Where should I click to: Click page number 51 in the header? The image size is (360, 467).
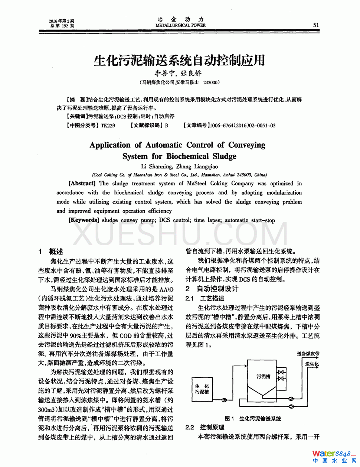click(316, 25)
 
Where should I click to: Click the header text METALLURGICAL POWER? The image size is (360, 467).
click(180, 25)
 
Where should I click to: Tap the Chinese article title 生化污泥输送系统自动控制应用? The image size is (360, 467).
click(180, 60)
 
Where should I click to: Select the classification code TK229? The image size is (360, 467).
click(108, 126)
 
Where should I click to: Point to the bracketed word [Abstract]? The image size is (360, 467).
click(82, 183)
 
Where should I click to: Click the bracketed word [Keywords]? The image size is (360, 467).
click(84, 220)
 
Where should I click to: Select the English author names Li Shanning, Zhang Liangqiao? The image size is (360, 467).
click(180, 166)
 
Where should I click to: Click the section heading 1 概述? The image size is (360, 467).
click(51, 252)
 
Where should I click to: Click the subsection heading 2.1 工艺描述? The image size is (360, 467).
click(205, 298)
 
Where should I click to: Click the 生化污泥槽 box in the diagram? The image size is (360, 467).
click(202, 389)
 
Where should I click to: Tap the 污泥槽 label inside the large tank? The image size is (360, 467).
click(264, 376)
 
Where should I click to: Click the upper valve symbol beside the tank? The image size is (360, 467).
click(282, 372)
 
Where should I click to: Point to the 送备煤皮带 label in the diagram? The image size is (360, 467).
click(308, 354)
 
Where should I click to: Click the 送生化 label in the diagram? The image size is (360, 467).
click(312, 364)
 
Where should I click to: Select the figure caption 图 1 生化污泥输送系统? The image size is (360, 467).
click(253, 418)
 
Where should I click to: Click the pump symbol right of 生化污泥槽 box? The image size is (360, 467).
click(224, 400)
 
